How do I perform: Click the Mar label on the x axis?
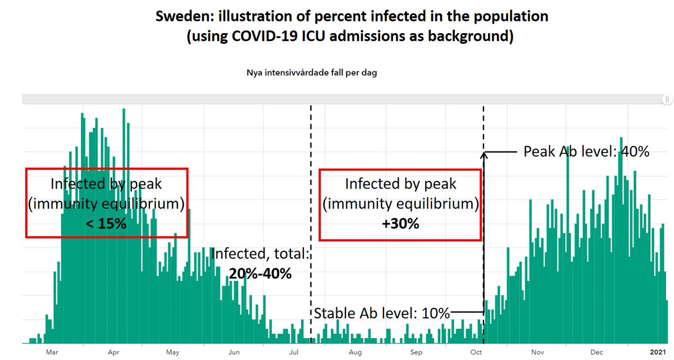point(52,353)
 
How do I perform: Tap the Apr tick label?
point(113,353)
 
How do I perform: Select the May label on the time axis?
point(172,353)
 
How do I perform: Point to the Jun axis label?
point(234,353)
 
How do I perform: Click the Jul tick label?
point(293,353)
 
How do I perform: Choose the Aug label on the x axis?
point(355,353)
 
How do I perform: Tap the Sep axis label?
point(416,353)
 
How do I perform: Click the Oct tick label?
point(476,353)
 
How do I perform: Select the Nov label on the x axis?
point(538,353)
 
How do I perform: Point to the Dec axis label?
point(597,353)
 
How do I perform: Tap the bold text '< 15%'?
point(106,224)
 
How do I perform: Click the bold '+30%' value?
point(400,224)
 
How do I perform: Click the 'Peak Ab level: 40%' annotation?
point(586,152)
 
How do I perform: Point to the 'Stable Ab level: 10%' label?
point(382,313)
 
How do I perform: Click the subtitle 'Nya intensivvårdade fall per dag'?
point(311,73)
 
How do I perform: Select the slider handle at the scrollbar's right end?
point(667,99)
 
